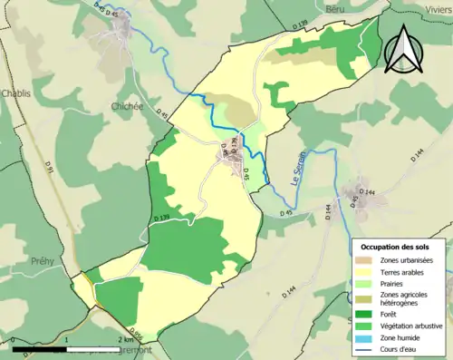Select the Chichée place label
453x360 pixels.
coord(127,106)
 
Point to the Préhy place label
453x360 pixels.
coord(42,261)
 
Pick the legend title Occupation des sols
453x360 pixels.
coord(395,247)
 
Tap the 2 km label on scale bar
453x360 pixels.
coord(125,338)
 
